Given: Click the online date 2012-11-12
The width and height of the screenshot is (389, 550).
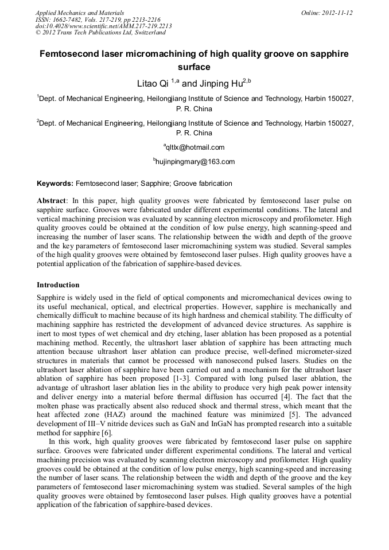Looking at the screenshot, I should tap(337, 13).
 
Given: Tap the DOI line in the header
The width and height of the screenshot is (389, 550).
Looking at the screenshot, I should tap(103, 26).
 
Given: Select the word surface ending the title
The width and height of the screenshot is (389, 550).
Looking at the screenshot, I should tap(194, 67).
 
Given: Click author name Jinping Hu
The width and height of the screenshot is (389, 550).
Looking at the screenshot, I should tap(219, 84).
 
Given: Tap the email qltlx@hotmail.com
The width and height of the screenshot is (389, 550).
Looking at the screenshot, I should tap(195, 147).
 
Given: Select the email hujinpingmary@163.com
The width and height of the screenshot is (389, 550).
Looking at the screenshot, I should tap(196, 162).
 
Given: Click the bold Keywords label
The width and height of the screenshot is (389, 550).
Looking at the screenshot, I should tap(55, 184).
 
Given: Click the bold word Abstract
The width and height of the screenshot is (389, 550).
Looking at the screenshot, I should tap(52, 201).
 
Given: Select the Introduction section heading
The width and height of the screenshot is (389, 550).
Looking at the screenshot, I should tap(58, 285).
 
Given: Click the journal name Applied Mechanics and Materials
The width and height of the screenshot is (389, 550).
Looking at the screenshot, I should tap(80, 13).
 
